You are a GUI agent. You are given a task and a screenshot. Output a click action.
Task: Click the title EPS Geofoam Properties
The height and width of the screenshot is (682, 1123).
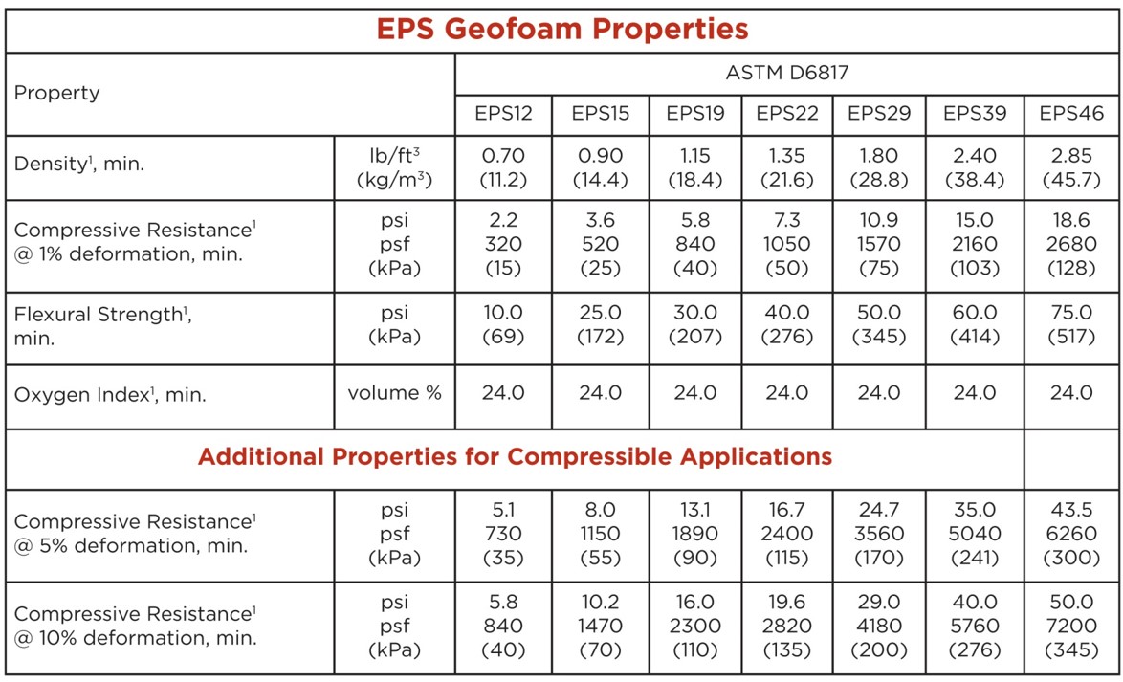(561, 29)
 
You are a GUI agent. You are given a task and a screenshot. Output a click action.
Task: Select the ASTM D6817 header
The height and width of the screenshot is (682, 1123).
(787, 73)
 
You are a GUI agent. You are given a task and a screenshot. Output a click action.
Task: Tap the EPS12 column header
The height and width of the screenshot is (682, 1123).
(503, 113)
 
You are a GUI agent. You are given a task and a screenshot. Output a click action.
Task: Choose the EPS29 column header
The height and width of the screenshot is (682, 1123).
(879, 113)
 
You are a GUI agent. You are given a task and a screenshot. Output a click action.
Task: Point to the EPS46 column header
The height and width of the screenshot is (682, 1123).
(1071, 113)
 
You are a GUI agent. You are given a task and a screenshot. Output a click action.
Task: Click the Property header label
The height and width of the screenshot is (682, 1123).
(57, 93)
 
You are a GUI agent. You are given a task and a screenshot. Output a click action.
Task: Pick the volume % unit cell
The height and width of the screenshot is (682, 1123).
(394, 392)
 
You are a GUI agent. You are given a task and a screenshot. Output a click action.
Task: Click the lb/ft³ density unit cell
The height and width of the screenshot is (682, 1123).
(394, 166)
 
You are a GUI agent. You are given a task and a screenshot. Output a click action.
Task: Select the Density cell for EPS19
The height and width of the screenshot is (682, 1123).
(694, 166)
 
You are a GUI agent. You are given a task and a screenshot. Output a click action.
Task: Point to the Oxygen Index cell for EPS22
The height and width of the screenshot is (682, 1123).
(787, 392)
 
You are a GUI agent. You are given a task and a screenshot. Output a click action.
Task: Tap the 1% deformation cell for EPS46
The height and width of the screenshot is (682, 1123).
(1071, 244)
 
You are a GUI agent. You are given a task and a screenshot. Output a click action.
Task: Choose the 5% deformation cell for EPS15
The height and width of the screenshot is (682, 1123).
(600, 534)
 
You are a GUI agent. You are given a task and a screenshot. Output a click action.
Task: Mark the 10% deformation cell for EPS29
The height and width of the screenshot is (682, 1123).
(879, 626)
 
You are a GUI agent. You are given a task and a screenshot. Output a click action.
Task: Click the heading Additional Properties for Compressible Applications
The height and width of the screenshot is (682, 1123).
(515, 456)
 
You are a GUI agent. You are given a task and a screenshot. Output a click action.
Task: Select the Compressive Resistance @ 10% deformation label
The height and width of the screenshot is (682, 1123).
(135, 626)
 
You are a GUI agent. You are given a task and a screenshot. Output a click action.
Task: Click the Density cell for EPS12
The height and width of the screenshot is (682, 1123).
(503, 166)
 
